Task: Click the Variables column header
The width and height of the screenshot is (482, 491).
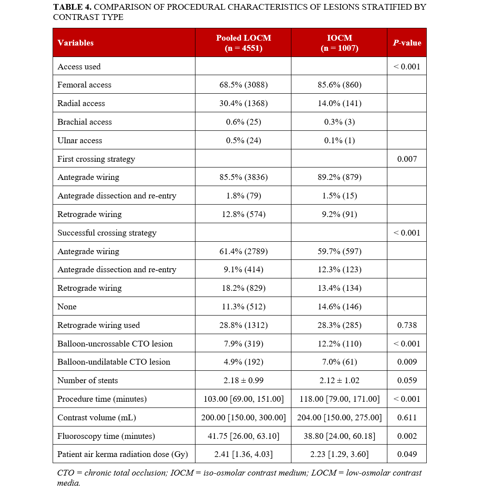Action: click(x=76, y=43)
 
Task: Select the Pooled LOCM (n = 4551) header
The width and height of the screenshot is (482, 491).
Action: click(x=243, y=43)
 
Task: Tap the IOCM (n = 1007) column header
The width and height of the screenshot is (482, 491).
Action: click(x=339, y=43)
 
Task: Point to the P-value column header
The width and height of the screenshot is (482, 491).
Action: click(x=407, y=43)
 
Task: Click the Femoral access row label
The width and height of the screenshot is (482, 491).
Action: click(x=84, y=85)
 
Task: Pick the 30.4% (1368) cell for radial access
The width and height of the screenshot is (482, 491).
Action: click(x=243, y=103)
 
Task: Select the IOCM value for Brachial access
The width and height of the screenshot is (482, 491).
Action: click(x=339, y=122)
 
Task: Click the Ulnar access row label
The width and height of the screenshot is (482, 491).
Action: click(x=80, y=141)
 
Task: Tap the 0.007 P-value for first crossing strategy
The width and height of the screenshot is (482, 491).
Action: click(x=407, y=159)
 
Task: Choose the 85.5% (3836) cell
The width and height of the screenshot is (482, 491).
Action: click(x=243, y=177)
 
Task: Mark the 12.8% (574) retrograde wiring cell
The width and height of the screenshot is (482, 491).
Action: click(x=243, y=214)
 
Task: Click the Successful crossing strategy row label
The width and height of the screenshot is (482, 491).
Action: click(x=107, y=233)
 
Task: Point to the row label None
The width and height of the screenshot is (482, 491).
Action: click(x=67, y=307)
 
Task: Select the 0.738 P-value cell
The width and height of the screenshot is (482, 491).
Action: click(x=407, y=325)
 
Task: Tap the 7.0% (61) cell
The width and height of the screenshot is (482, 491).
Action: click(x=339, y=362)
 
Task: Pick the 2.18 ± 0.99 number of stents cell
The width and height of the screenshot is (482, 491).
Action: click(x=243, y=381)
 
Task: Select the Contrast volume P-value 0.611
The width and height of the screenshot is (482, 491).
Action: click(x=407, y=418)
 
